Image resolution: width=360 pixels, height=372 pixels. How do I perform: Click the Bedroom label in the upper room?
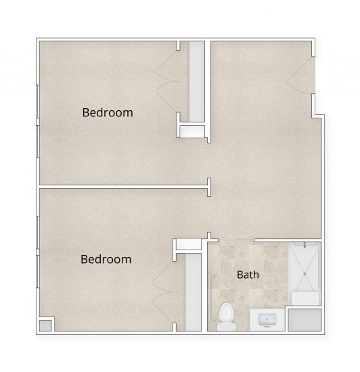point(108,112)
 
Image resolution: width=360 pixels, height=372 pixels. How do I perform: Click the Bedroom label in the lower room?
point(106,259)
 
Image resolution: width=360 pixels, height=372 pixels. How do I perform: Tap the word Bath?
point(248,275)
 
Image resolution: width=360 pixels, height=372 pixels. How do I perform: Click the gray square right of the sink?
point(304,319)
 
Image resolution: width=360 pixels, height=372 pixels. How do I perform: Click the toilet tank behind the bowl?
point(227,327)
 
